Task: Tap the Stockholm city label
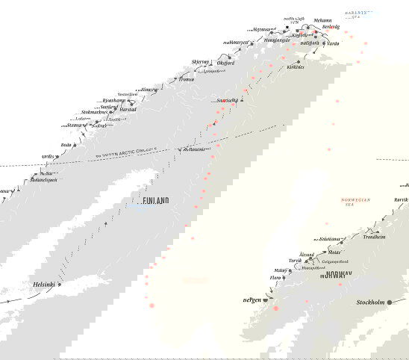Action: (x=371, y=302)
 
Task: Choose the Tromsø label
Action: (x=187, y=79)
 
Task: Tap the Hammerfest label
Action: (x=234, y=43)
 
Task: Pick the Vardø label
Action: (x=333, y=43)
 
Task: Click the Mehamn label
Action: (x=323, y=21)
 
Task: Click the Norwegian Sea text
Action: (x=355, y=202)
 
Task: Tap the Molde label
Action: (x=334, y=253)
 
